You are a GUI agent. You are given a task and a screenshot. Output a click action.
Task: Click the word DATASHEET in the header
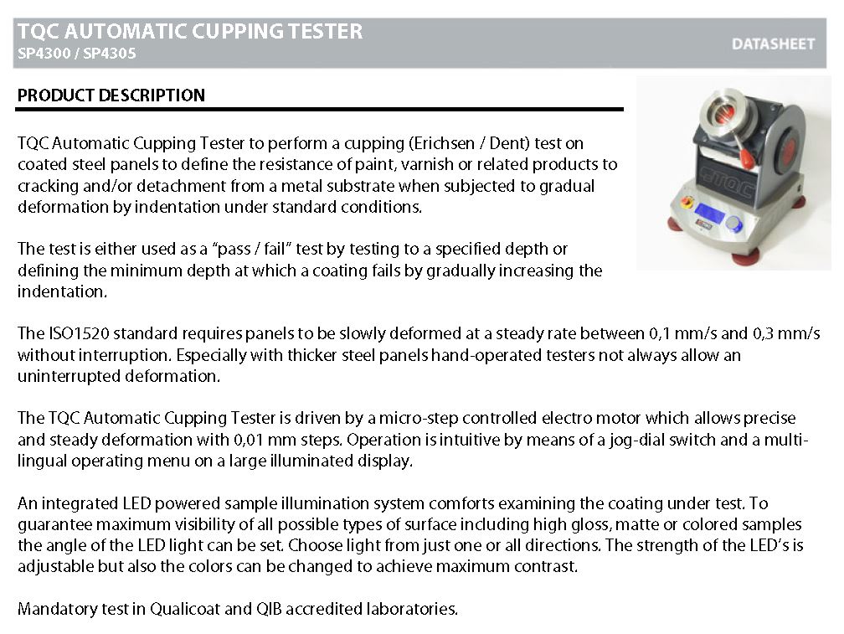tap(773, 44)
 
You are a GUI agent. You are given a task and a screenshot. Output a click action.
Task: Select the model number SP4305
tap(109, 54)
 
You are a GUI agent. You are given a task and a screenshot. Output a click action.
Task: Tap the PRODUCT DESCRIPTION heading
tap(111, 95)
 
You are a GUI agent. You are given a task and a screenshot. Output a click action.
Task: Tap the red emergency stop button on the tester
tap(687, 203)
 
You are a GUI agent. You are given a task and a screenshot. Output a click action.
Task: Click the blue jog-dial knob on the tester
tap(733, 223)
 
